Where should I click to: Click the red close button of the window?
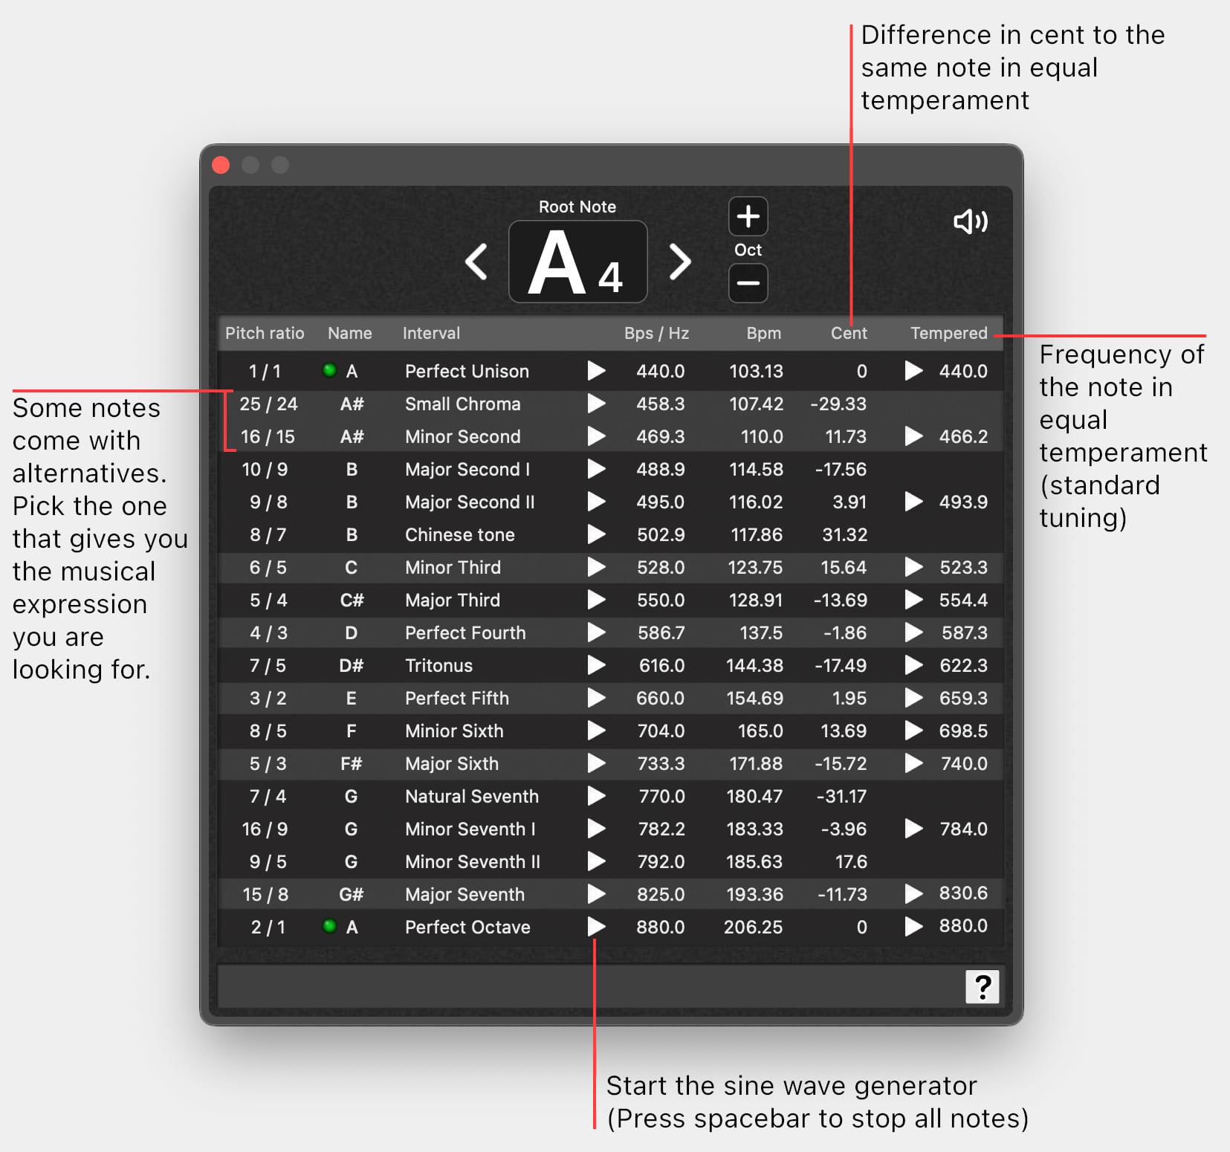[221, 165]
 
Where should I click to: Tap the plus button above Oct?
[748, 216]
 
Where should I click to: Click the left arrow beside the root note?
[476, 262]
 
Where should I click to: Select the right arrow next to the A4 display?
[680, 262]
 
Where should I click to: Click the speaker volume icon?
[971, 221]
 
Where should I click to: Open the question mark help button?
[983, 987]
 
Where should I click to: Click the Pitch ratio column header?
[265, 333]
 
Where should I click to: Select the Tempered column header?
[949, 333]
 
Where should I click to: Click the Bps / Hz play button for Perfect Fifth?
[596, 698]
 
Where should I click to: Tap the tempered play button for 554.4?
[913, 600]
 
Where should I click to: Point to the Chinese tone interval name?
[460, 535]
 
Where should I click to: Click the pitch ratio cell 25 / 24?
[268, 404]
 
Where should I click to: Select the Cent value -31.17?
[841, 797]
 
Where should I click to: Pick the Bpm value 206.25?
[753, 928]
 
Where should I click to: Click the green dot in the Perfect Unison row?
[329, 370]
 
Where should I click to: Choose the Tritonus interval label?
[438, 666]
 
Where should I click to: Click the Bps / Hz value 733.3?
[661, 764]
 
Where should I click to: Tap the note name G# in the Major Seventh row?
[351, 895]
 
